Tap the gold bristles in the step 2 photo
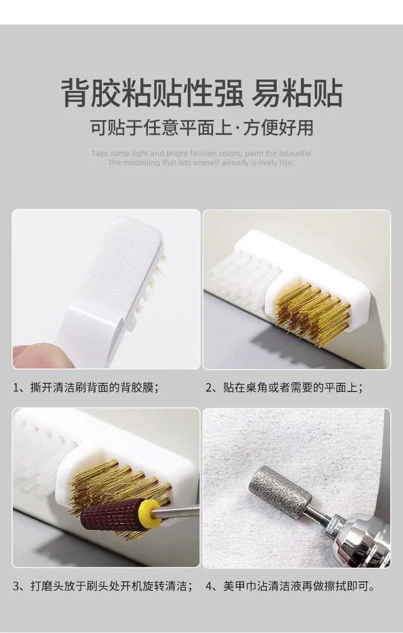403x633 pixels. point(312,313)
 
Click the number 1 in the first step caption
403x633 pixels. point(16,387)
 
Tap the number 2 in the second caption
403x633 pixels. point(209,387)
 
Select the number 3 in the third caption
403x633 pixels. point(16,586)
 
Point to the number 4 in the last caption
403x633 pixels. point(209,586)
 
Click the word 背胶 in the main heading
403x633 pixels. point(91,93)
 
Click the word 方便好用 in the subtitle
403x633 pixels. point(279,128)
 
